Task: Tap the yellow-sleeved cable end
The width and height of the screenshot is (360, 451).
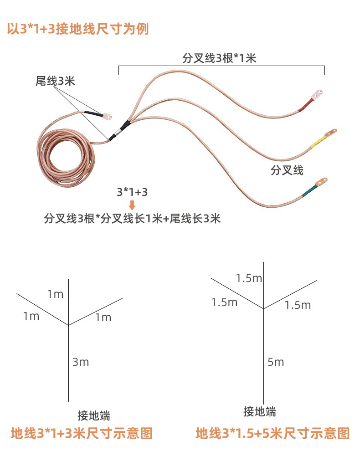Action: pos(318,142)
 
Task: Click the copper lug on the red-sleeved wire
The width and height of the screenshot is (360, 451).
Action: pos(318,94)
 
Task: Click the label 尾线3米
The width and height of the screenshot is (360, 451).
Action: pos(55,81)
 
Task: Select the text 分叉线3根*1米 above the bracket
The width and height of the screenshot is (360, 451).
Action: pos(219,58)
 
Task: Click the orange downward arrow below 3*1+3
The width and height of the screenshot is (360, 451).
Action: pos(132,204)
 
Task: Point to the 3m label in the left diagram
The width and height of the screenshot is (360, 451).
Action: pos(81,362)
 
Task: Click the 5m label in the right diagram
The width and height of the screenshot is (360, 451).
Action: pos(276,362)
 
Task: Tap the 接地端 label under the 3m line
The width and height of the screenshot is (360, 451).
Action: pos(94,415)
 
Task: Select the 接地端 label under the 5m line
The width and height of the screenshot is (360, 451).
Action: pos(260,412)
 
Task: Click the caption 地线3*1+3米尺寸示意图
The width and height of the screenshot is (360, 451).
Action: pos(81,433)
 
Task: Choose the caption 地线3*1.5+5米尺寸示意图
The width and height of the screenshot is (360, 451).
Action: pos(273,433)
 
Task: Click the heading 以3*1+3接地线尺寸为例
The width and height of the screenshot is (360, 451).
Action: pos(78,29)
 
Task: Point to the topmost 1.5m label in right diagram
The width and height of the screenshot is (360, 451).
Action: pos(249,278)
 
